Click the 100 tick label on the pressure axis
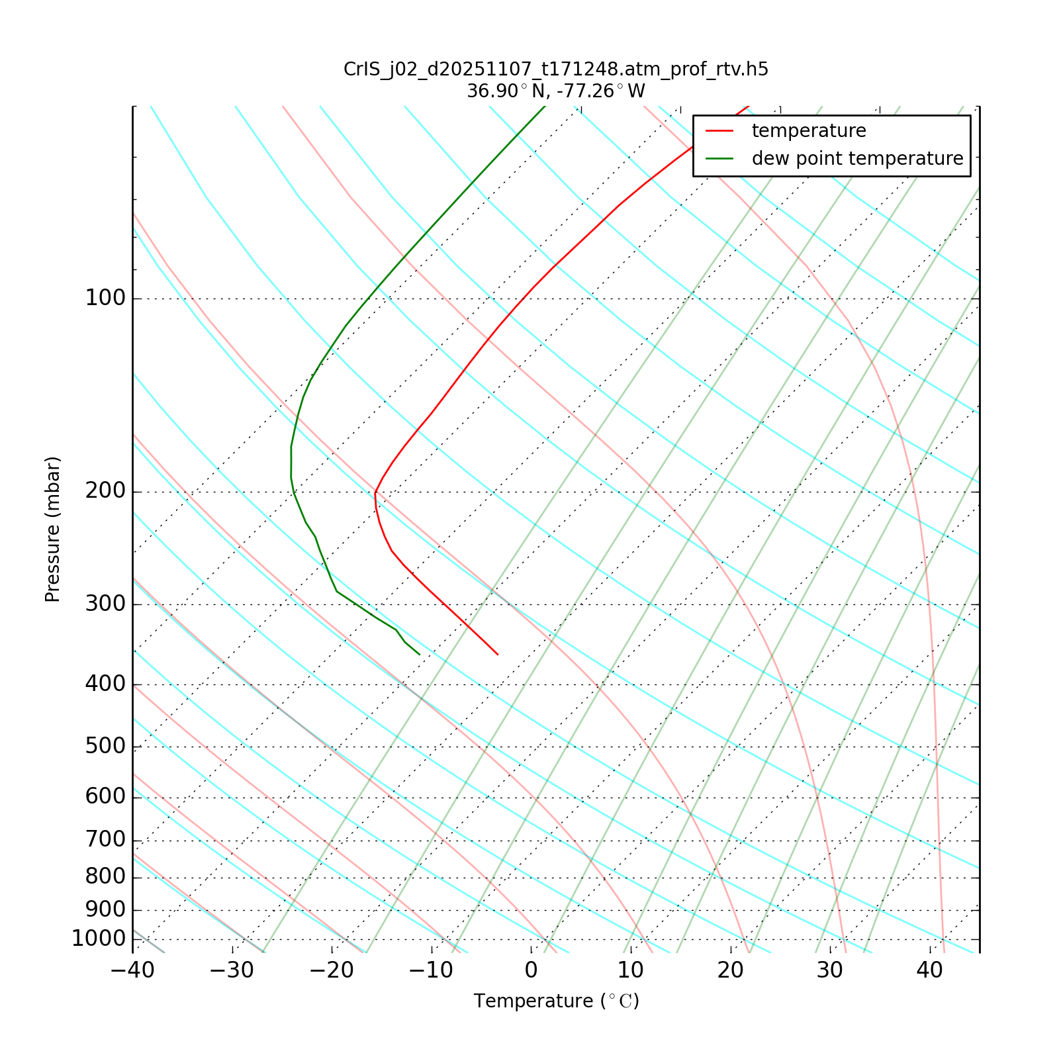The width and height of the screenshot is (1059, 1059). pyautogui.click(x=105, y=299)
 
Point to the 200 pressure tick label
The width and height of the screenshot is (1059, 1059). pyautogui.click(x=105, y=492)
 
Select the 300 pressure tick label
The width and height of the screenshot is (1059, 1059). pyautogui.click(x=105, y=604)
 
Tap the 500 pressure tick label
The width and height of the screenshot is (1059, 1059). pyautogui.click(x=105, y=746)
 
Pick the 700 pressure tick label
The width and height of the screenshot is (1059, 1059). pyautogui.click(x=105, y=840)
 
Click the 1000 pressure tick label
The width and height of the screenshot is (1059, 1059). pyautogui.click(x=99, y=939)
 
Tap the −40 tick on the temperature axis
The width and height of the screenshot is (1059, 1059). pyautogui.click(x=132, y=970)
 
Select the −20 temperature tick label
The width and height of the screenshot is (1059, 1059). pyautogui.click(x=332, y=970)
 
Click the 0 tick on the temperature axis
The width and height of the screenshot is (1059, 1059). pyautogui.click(x=531, y=970)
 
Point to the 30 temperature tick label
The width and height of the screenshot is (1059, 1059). pyautogui.click(x=830, y=970)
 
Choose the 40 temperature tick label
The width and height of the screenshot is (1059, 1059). pyautogui.click(x=929, y=970)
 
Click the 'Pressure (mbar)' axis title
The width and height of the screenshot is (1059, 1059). pyautogui.click(x=53, y=529)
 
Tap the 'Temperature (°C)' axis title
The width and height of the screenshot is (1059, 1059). pyautogui.click(x=556, y=1001)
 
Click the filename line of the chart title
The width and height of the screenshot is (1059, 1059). pyautogui.click(x=556, y=69)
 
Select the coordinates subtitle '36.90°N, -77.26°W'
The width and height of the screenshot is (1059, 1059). pyautogui.click(x=556, y=91)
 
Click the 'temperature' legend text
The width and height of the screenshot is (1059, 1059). pyautogui.click(x=809, y=131)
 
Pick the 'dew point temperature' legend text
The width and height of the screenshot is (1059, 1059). pyautogui.click(x=857, y=159)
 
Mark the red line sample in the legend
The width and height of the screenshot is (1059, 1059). pyautogui.click(x=720, y=131)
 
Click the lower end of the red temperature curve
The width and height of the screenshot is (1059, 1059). pyautogui.click(x=497, y=654)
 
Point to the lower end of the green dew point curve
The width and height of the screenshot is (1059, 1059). pyautogui.click(x=419, y=654)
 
